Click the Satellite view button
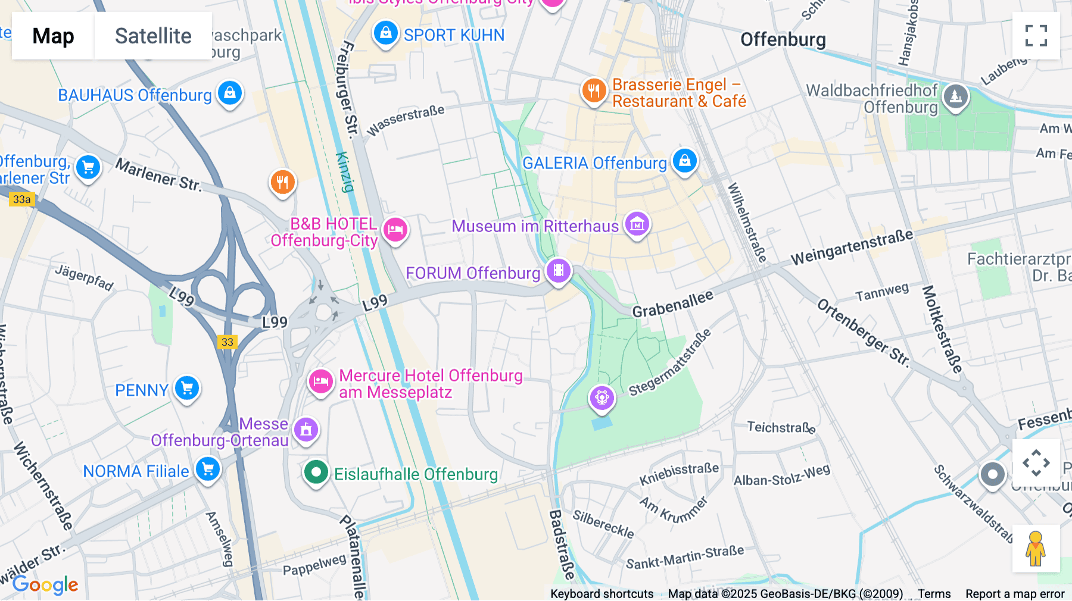[153, 36]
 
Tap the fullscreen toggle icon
[1036, 36]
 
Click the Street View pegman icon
[1036, 548]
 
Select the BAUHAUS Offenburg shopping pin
[230, 93]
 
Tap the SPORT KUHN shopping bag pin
[386, 33]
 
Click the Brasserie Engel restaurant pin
[594, 91]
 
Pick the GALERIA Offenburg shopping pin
[685, 161]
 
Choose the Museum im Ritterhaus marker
[637, 224]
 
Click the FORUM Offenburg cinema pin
[559, 271]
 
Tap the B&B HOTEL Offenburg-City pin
[395, 230]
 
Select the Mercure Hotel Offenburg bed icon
[321, 381]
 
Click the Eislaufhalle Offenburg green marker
[316, 473]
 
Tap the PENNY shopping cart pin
[187, 389]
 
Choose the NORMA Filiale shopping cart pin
[208, 470]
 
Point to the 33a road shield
[22, 199]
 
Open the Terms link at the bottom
[934, 593]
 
